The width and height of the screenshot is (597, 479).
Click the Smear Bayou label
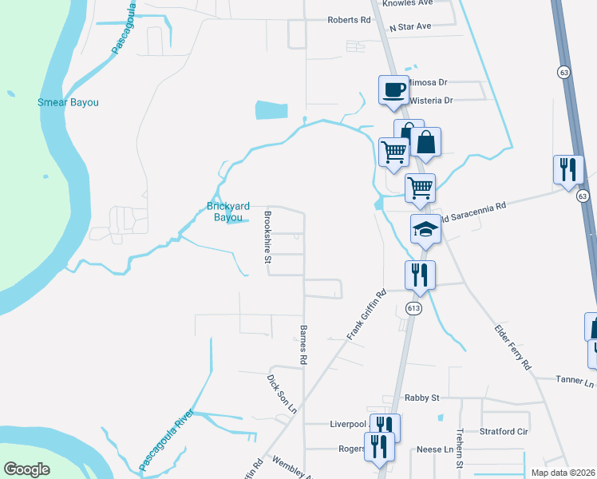(x=73, y=102)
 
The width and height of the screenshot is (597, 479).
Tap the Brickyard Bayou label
(x=229, y=212)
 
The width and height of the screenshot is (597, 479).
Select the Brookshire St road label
(x=268, y=237)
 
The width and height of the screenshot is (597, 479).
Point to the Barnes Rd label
(x=303, y=345)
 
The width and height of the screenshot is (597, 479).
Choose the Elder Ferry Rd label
(x=513, y=346)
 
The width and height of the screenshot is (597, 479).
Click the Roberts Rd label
(x=349, y=20)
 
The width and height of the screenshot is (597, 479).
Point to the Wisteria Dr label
(x=430, y=101)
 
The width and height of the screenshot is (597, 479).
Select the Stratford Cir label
(x=504, y=431)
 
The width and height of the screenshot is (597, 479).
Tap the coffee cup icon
(x=393, y=89)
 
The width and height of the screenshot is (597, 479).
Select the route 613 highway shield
(x=413, y=309)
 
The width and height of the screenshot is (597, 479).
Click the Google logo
(x=26, y=469)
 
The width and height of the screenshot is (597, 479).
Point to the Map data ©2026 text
(x=563, y=473)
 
